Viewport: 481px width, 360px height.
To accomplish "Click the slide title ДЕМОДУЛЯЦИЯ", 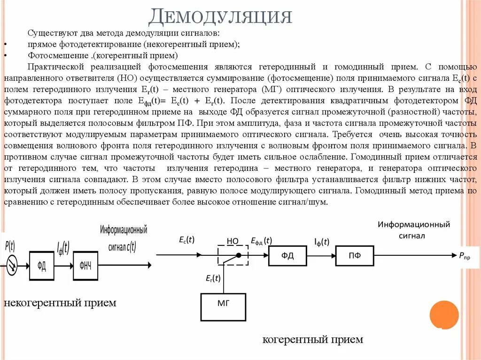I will [x=220, y=17].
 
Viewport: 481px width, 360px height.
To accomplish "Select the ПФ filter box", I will [x=355, y=255].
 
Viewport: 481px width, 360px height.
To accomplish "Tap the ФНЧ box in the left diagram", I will [x=85, y=266].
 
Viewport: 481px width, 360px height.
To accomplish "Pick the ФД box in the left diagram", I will [x=42, y=266].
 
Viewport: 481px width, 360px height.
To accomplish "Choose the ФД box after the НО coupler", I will [x=287, y=255].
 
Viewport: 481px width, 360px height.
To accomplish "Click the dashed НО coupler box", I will [x=233, y=255].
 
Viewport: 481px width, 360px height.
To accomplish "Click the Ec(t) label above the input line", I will [x=187, y=240].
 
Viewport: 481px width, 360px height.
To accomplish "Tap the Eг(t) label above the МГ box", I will [x=213, y=278].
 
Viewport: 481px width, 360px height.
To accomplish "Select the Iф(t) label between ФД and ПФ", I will [x=322, y=242].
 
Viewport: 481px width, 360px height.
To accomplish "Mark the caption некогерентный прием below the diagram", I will [x=60, y=303].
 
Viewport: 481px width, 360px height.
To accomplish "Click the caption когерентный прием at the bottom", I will [x=312, y=339].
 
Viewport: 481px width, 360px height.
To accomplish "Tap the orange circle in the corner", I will [x=444, y=314].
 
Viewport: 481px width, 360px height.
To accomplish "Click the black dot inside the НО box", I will [x=239, y=255].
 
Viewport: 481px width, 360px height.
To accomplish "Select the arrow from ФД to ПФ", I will [x=321, y=255].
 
